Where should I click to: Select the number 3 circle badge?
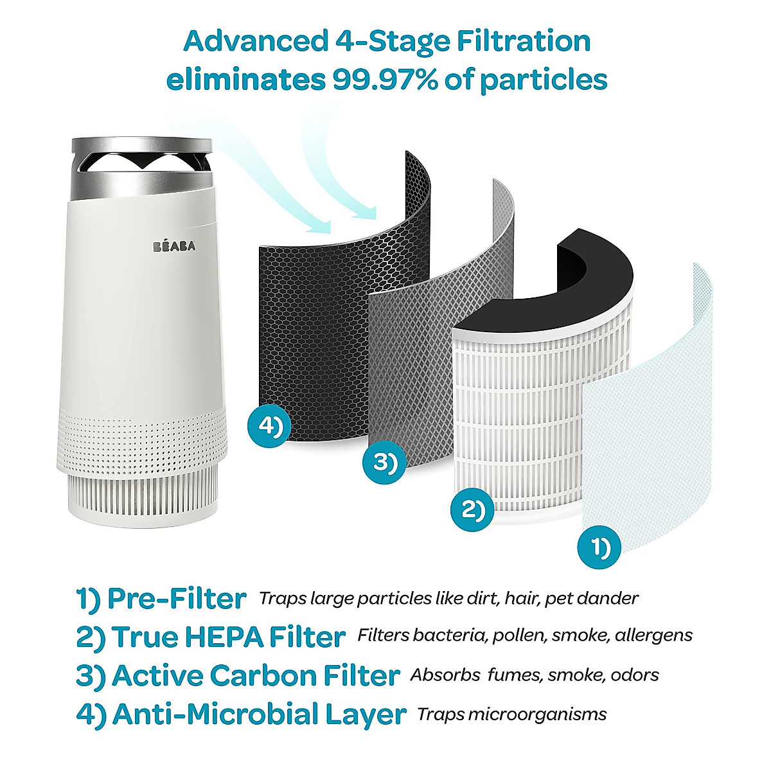(385, 462)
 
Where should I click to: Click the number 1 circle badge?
(599, 547)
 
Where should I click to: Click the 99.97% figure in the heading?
(382, 80)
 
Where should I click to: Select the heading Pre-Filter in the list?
(177, 598)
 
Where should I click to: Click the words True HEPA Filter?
(229, 637)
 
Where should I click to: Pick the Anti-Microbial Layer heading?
(259, 714)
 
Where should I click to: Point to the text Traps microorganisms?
(511, 714)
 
